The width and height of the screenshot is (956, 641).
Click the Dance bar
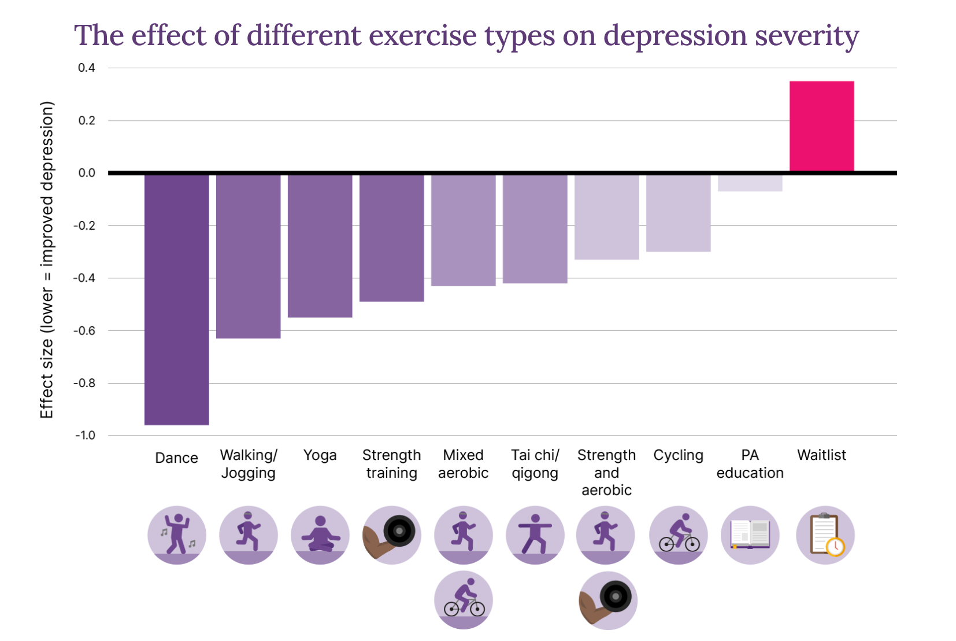(176, 299)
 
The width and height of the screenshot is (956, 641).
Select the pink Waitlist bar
(821, 126)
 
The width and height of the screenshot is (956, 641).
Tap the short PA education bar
(750, 183)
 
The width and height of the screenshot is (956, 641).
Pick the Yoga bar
(320, 245)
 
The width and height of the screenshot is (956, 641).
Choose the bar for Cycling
(678, 213)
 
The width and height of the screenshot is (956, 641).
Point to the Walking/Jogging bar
(248, 256)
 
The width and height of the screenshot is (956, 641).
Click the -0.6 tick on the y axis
(84, 330)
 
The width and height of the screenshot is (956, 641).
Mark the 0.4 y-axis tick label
(87, 68)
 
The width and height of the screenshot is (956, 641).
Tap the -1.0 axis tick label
(85, 435)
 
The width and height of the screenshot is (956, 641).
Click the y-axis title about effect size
(47, 260)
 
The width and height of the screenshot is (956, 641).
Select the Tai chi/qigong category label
(535, 464)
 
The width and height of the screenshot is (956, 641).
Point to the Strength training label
(391, 464)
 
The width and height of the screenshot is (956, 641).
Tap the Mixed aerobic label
(463, 464)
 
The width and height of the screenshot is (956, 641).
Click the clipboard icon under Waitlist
(825, 535)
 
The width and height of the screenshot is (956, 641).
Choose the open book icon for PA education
(750, 535)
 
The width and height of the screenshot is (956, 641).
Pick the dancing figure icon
(176, 535)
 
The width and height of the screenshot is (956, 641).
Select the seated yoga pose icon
(320, 535)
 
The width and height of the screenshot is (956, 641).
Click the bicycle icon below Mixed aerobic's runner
(463, 601)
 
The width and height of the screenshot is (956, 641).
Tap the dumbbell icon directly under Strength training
(391, 535)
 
